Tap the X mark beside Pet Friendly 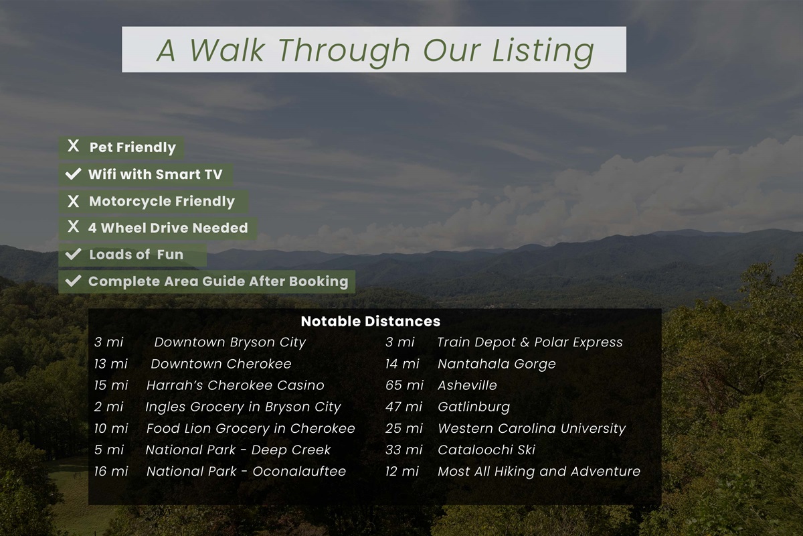point(74,147)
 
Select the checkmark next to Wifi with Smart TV point(73,175)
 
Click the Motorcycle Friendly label point(161,202)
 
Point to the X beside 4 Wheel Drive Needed point(74,227)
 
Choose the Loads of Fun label point(136,255)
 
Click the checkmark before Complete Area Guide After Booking point(73,281)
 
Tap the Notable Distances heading point(370,321)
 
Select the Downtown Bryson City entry point(230,342)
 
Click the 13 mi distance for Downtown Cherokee point(110,364)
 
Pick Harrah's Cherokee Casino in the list point(235,385)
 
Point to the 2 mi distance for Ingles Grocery point(108,407)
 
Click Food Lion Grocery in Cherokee point(250,428)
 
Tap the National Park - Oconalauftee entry point(246,471)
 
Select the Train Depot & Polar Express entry point(529,342)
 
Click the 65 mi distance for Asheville point(404,385)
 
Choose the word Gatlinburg point(473,407)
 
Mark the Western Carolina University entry point(531,428)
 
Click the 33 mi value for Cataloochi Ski point(404,450)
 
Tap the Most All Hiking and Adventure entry point(539,471)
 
